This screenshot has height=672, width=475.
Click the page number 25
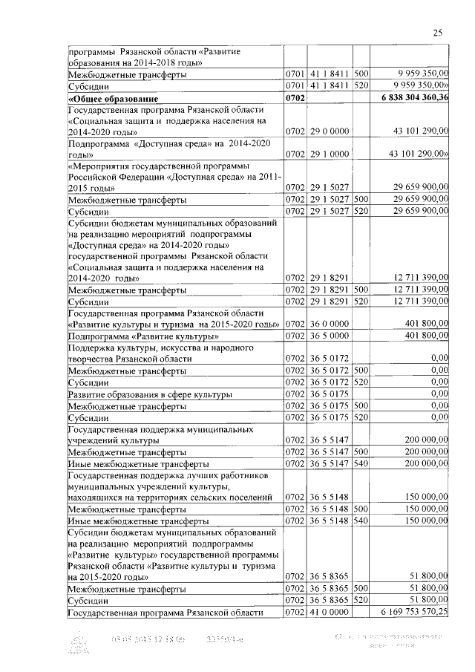(438, 32)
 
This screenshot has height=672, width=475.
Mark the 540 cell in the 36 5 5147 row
(361, 462)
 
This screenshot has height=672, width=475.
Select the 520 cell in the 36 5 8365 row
(361, 600)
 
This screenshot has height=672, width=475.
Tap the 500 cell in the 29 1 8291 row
(361, 290)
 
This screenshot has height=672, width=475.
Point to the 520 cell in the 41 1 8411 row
(361, 86)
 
